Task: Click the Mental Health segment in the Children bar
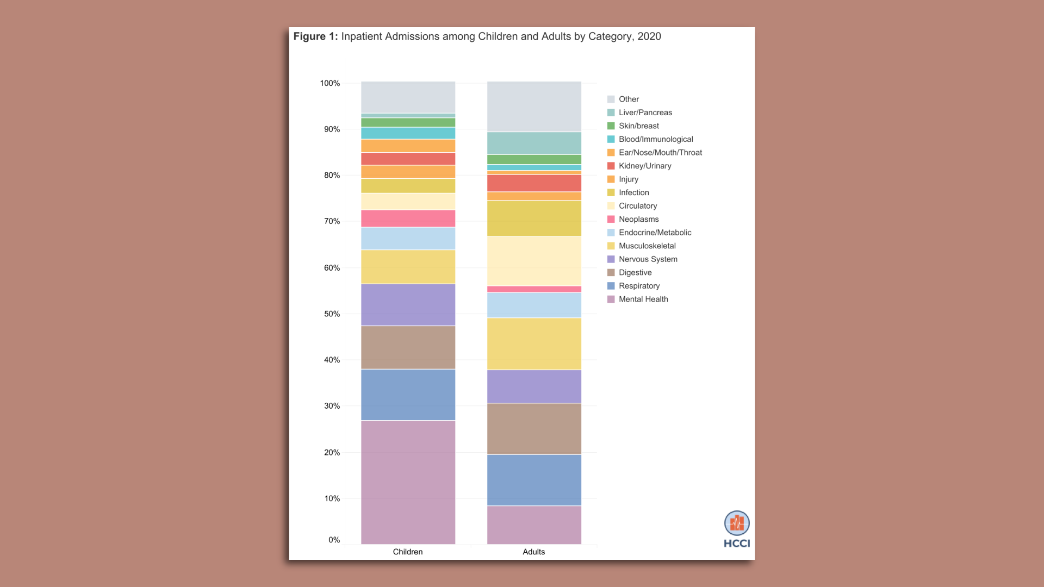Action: pyautogui.click(x=408, y=482)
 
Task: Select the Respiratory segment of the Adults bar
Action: pyautogui.click(x=534, y=480)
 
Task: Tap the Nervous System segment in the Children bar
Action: pyautogui.click(x=408, y=304)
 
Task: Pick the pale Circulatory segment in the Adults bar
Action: pyautogui.click(x=534, y=261)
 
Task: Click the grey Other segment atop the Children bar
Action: pyautogui.click(x=408, y=97)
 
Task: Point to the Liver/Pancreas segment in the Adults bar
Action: pyautogui.click(x=534, y=143)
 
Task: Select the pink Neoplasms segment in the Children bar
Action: pyautogui.click(x=408, y=218)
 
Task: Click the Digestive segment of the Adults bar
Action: pyautogui.click(x=534, y=428)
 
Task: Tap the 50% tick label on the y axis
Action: pyautogui.click(x=332, y=314)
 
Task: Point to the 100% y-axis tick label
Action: pyautogui.click(x=330, y=83)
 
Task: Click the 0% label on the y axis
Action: pyautogui.click(x=334, y=540)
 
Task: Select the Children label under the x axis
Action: pyautogui.click(x=408, y=552)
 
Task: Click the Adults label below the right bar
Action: pyautogui.click(x=533, y=552)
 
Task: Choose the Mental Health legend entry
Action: pyautogui.click(x=643, y=299)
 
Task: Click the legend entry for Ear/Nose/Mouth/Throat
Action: pyautogui.click(x=660, y=153)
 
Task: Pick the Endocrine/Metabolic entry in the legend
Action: pyautogui.click(x=655, y=233)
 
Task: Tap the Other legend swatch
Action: pyautogui.click(x=611, y=99)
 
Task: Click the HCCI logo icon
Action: pyautogui.click(x=737, y=523)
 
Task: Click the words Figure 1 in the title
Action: pyautogui.click(x=315, y=36)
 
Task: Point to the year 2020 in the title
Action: pyautogui.click(x=649, y=36)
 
